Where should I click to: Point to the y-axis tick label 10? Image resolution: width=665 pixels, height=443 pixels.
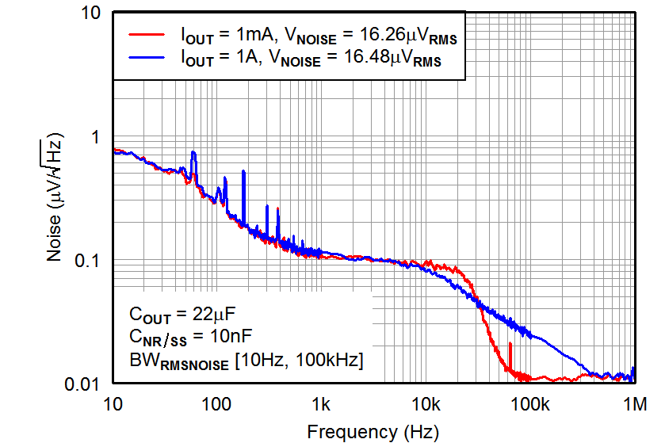point(90,13)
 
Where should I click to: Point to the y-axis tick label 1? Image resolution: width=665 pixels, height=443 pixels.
point(97,137)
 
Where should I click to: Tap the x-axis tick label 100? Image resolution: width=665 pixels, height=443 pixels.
point(216,405)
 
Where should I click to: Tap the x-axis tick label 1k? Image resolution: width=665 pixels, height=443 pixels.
point(322,405)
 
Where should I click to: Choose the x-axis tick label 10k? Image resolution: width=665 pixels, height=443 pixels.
point(426,405)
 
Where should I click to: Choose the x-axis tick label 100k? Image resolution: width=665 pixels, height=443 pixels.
point(530,405)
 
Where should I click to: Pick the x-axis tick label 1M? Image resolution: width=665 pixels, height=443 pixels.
point(634,405)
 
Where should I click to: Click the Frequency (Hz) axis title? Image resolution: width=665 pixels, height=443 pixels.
point(372,431)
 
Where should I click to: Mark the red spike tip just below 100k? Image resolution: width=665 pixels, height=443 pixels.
point(510,343)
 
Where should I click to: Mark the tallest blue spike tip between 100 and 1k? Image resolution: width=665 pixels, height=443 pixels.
point(243,173)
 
